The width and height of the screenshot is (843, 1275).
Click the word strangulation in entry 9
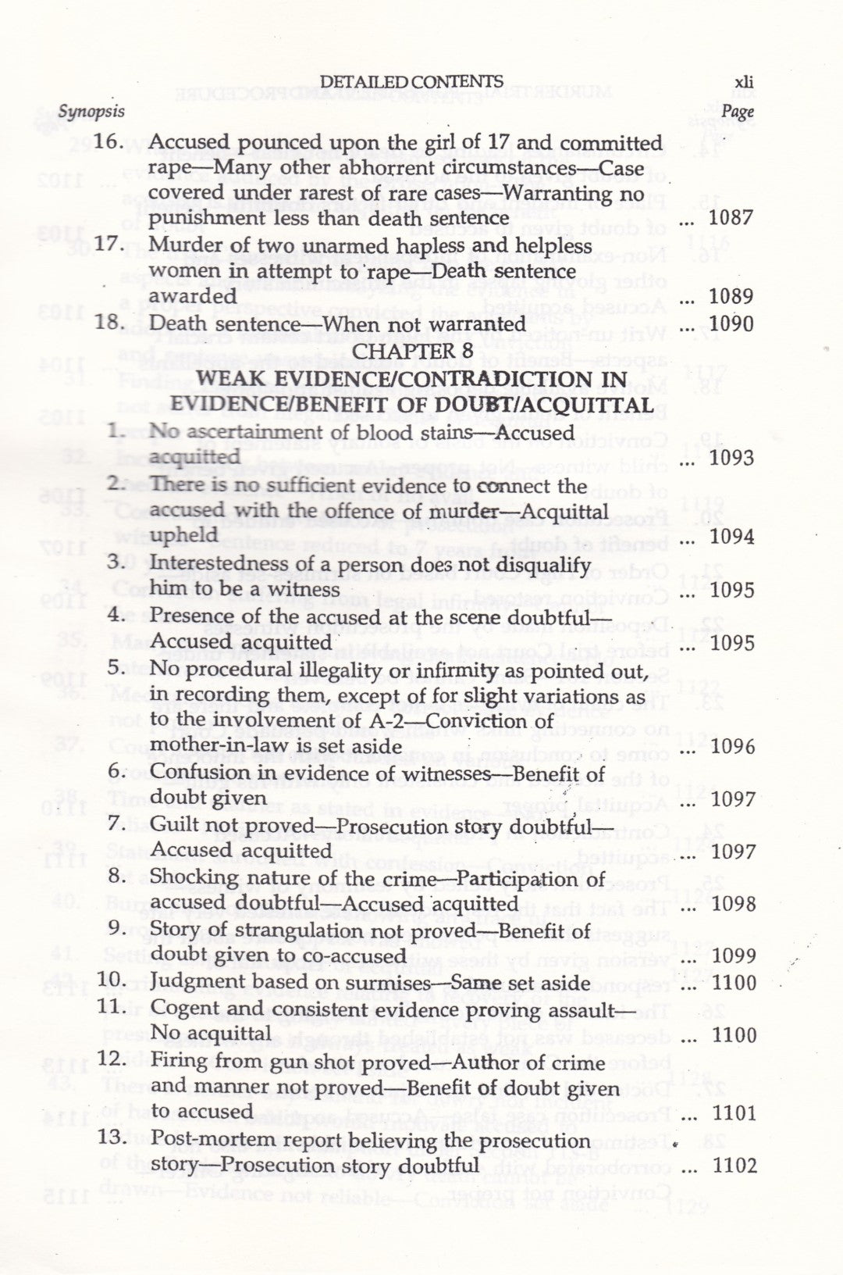pyautogui.click(x=265, y=930)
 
